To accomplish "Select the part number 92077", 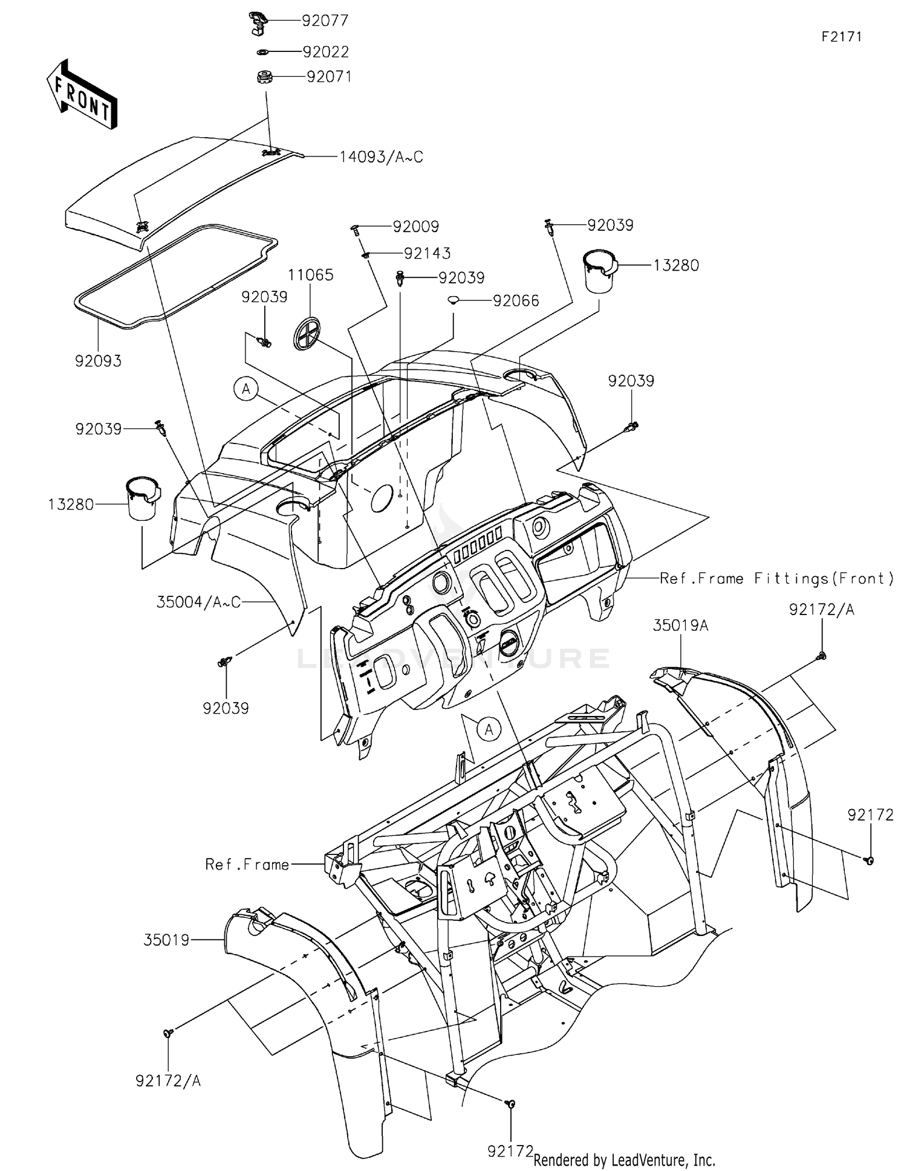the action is click(x=325, y=21).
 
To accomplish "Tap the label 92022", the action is click(x=326, y=52).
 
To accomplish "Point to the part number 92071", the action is click(x=329, y=77).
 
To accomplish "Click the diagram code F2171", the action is click(x=841, y=36).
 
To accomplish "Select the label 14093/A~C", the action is click(x=381, y=157).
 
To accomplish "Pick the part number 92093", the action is click(x=98, y=361).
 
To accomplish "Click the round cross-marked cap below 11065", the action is click(x=308, y=334).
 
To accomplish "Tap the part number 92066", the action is click(x=516, y=301).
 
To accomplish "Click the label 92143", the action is click(x=427, y=253).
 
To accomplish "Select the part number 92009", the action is click(x=416, y=227).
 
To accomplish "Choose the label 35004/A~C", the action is click(x=198, y=602).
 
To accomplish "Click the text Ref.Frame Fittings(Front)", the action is click(x=777, y=579).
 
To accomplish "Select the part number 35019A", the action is click(x=680, y=626).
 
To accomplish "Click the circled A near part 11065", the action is click(x=246, y=390).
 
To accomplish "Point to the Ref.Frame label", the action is click(x=247, y=865).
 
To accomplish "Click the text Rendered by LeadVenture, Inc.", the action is click(x=624, y=1160).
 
